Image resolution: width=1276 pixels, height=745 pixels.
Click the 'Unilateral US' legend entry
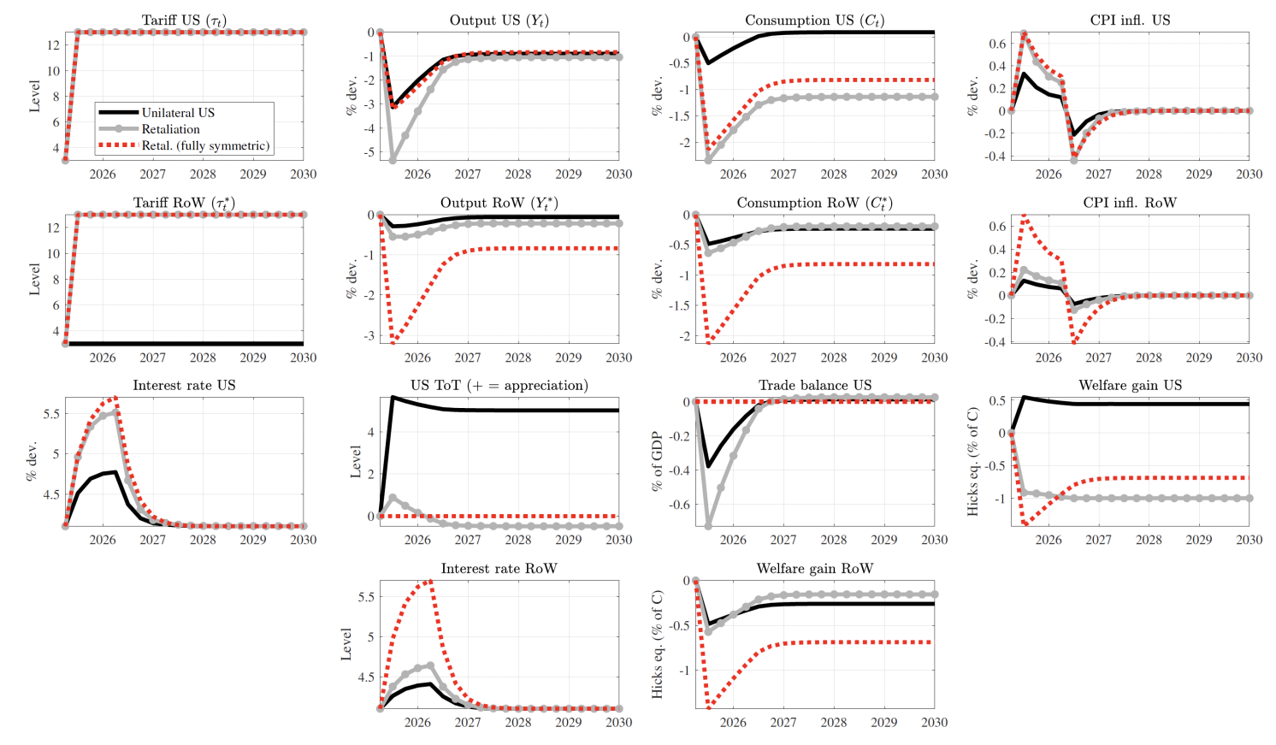coord(178,113)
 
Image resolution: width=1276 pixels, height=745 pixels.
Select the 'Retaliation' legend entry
coord(170,129)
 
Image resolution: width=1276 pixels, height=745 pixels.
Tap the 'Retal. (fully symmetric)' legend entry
coord(205,145)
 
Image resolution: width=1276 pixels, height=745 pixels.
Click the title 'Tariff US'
coord(184,20)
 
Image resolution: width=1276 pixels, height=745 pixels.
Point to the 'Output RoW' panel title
coord(499,203)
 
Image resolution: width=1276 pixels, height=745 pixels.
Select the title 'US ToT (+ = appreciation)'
coord(499,385)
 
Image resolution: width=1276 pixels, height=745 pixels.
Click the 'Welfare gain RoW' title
coord(814,568)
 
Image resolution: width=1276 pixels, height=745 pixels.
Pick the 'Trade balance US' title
coord(814,385)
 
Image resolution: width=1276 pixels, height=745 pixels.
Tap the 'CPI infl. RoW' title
coord(1130,203)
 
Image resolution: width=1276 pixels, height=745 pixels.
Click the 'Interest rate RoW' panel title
coord(499,568)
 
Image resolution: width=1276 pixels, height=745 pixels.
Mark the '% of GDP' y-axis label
coord(657,461)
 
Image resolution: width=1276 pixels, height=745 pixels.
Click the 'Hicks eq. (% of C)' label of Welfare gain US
coord(972,461)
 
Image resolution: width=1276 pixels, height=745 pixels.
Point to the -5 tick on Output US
coord(370,152)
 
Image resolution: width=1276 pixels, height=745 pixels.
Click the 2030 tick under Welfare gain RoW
coord(934,723)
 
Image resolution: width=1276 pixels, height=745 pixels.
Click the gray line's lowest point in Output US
coord(393,160)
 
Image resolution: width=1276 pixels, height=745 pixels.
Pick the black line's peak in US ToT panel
coord(393,397)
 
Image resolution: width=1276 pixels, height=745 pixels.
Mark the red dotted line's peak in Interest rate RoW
coord(430,581)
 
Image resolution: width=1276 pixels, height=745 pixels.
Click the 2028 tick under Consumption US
coord(833,174)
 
